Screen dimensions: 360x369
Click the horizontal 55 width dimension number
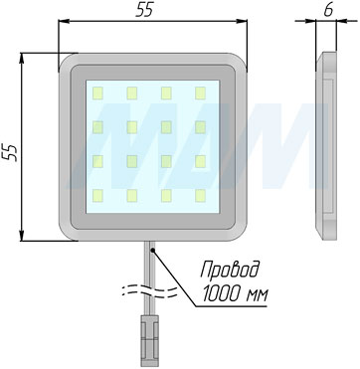(x=144, y=10)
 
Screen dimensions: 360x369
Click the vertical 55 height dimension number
(x=11, y=153)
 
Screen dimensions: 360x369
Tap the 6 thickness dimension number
(x=328, y=10)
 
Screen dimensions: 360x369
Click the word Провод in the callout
(x=230, y=272)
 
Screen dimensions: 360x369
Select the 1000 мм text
(x=235, y=293)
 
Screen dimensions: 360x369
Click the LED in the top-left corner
(x=97, y=93)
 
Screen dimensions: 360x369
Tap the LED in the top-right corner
(x=200, y=93)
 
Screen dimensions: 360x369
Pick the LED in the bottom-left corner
(x=97, y=196)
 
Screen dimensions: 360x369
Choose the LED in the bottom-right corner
(x=200, y=196)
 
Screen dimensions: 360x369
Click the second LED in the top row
(x=131, y=93)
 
